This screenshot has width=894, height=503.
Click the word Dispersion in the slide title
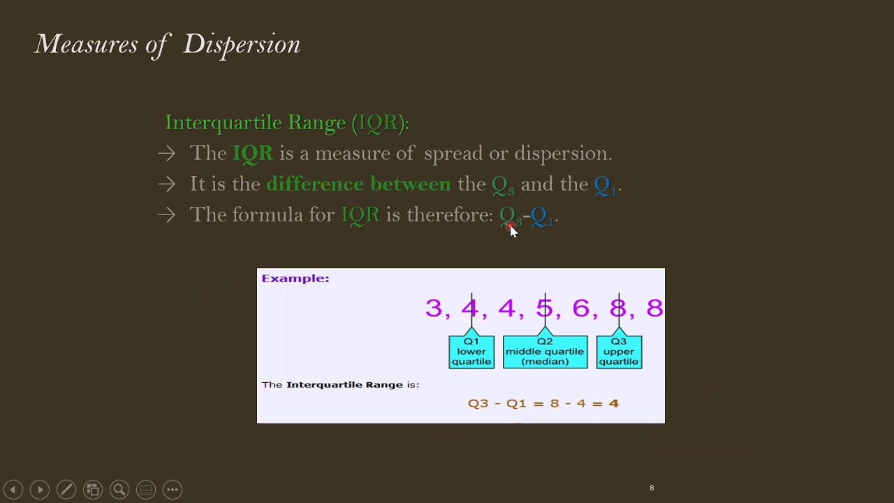tap(242, 45)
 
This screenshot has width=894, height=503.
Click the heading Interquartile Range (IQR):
tap(286, 123)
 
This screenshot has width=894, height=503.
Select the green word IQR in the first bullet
tap(253, 154)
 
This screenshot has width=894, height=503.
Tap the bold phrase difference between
tap(358, 184)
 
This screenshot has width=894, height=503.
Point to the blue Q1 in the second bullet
tap(605, 185)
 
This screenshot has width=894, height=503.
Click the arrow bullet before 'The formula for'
tap(166, 215)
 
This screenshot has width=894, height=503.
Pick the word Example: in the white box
tap(295, 279)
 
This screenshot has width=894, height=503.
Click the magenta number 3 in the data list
tap(433, 308)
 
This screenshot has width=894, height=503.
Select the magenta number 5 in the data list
tap(544, 308)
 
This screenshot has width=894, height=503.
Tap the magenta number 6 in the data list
tap(580, 308)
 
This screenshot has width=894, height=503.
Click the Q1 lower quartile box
tap(471, 351)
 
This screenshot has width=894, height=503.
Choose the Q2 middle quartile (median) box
tap(545, 351)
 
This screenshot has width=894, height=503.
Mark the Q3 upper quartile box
tap(619, 351)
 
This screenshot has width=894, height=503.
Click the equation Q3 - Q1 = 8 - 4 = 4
tap(543, 403)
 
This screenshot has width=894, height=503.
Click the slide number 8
tap(652, 488)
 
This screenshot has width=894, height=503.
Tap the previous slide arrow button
tap(13, 490)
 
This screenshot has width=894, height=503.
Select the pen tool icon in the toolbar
tap(66, 490)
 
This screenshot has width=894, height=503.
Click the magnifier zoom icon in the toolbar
tap(119, 490)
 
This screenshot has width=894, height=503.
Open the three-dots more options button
tap(173, 490)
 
